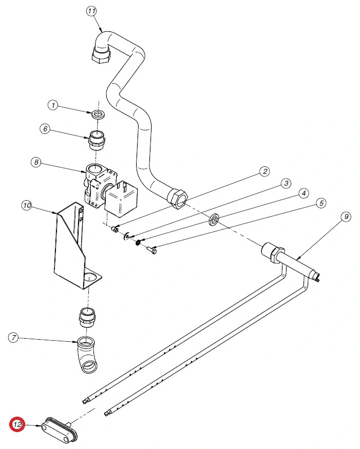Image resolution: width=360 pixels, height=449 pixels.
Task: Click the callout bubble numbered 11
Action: click(91, 11)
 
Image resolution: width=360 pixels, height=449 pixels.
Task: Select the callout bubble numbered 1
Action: click(53, 105)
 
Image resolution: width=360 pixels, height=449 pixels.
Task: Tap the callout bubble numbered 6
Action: click(46, 129)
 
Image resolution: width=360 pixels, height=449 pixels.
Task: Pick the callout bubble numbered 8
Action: click(35, 163)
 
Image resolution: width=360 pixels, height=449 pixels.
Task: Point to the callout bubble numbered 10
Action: click(27, 206)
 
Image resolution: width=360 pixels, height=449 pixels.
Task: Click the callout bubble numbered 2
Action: click(264, 171)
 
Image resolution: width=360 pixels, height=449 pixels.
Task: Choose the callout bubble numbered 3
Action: click(285, 183)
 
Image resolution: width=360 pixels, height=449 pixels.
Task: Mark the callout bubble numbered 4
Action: click(304, 193)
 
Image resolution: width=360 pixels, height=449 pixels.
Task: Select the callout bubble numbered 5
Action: click(321, 203)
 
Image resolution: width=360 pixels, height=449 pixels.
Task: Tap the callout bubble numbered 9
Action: click(346, 217)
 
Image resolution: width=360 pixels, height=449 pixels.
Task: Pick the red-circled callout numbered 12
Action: click(17, 425)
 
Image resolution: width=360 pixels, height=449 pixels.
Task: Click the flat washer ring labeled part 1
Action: click(98, 113)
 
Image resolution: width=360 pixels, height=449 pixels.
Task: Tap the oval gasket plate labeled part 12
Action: click(59, 428)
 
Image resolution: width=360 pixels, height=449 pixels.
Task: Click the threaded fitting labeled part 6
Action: click(97, 140)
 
